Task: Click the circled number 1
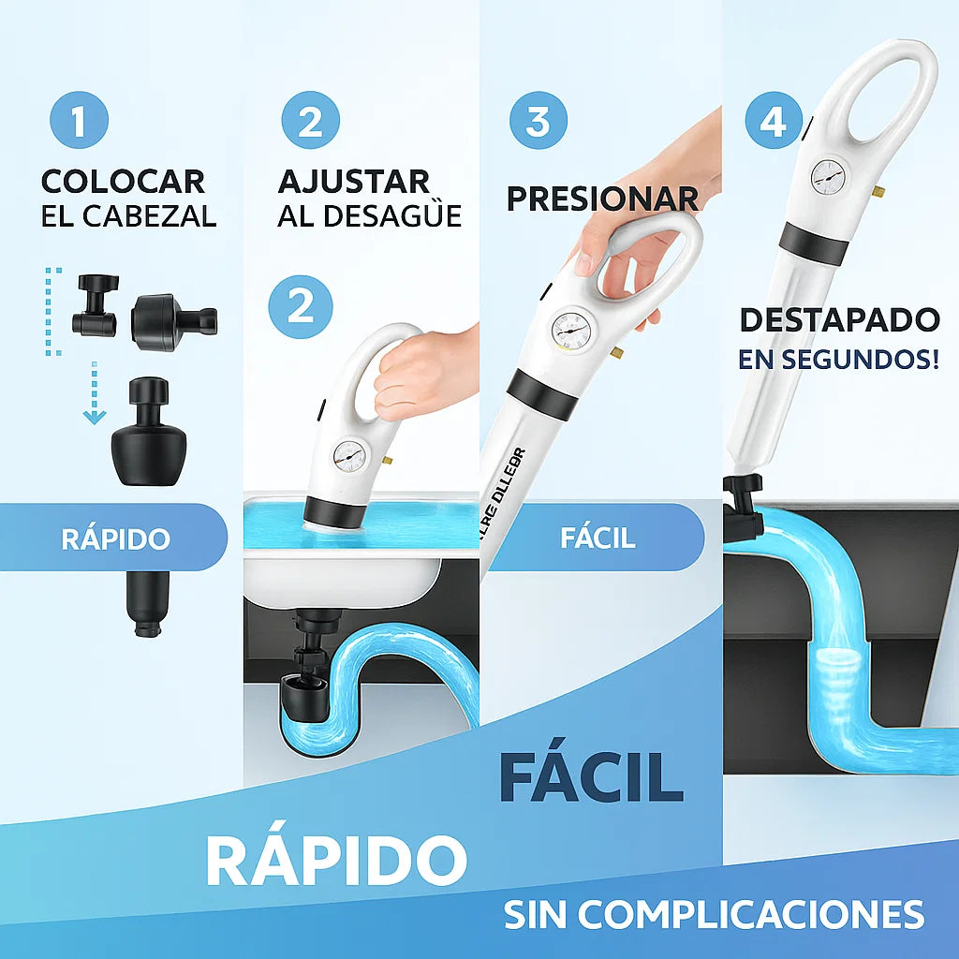[79, 121]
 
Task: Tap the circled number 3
[538, 121]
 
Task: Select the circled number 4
[774, 121]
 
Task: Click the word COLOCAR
[123, 181]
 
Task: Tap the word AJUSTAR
[354, 181]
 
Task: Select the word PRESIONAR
[602, 199]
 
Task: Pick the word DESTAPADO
[839, 319]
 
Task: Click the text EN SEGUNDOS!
[838, 360]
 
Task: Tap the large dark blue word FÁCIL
[591, 775]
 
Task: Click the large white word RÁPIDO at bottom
[336, 859]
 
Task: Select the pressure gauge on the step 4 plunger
[827, 174]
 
